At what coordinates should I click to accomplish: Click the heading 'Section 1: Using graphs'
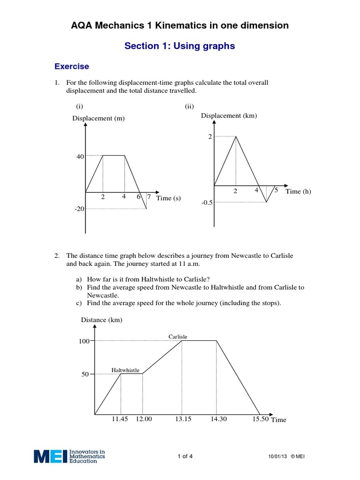[x=180, y=46]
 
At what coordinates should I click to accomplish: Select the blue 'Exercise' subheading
[x=72, y=67]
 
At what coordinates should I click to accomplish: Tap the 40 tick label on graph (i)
[x=80, y=157]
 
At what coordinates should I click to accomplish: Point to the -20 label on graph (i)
[x=79, y=209]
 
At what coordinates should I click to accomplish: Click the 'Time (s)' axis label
[x=168, y=198]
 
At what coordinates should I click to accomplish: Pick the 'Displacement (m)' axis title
[x=98, y=118]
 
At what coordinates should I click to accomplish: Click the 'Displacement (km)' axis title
[x=229, y=116]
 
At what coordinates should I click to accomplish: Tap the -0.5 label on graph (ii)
[x=207, y=202]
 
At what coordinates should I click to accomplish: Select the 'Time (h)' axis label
[x=298, y=191]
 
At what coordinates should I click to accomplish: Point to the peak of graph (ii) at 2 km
[x=236, y=136]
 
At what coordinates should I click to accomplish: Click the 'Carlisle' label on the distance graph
[x=178, y=337]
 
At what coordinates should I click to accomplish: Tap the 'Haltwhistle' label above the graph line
[x=125, y=370]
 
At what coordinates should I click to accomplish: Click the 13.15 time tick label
[x=183, y=419]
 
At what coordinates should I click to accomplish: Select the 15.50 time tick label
[x=260, y=419]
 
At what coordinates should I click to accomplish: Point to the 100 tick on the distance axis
[x=83, y=341]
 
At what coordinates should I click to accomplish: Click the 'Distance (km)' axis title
[x=102, y=320]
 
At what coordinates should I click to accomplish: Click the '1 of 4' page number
[x=185, y=457]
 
